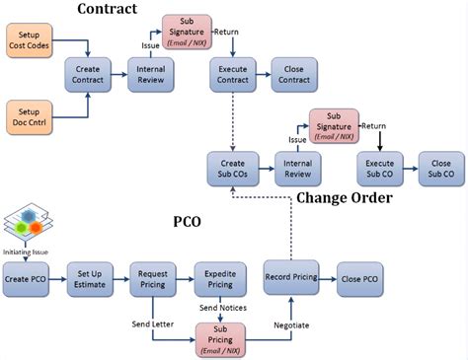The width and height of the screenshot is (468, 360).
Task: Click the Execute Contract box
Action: (233, 76)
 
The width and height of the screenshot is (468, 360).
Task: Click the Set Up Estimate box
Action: (90, 279)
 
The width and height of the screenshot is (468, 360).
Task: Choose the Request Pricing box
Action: (154, 279)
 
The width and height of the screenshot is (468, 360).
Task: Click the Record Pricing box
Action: (291, 278)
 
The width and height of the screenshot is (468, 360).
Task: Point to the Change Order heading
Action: (344, 198)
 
